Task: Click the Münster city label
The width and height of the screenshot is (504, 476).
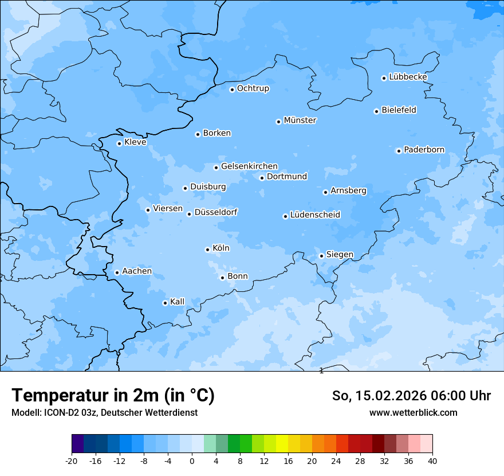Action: coord(300,120)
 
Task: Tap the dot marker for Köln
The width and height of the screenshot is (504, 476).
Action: coord(207,249)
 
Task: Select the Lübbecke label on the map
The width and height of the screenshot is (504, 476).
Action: coord(408,77)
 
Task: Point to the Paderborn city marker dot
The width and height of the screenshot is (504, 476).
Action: coord(399,151)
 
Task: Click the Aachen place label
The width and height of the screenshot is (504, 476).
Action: coord(137,271)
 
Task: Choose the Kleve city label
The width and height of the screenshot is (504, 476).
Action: coord(135,142)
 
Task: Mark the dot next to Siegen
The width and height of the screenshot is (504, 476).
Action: coord(321,256)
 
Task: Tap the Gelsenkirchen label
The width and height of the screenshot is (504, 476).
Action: coord(249,166)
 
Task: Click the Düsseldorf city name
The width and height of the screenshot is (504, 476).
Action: coord(216,212)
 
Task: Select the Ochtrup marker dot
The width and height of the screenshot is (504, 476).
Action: coord(232,89)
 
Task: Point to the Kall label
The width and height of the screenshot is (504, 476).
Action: coord(177,302)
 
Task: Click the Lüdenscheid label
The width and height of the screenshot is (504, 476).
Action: coord(315,215)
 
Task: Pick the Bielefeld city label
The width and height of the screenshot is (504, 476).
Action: coord(399,110)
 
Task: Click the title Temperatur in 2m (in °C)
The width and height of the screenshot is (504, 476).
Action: coord(113,396)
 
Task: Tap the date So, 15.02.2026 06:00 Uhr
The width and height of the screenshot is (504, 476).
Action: coord(411,396)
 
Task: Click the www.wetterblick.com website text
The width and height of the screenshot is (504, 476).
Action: coord(413,412)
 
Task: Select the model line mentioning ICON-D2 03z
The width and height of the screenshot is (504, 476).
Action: coord(104,412)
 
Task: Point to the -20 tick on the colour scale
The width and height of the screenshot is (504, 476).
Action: coord(72,461)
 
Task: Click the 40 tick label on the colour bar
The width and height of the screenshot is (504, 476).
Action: coord(432,461)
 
